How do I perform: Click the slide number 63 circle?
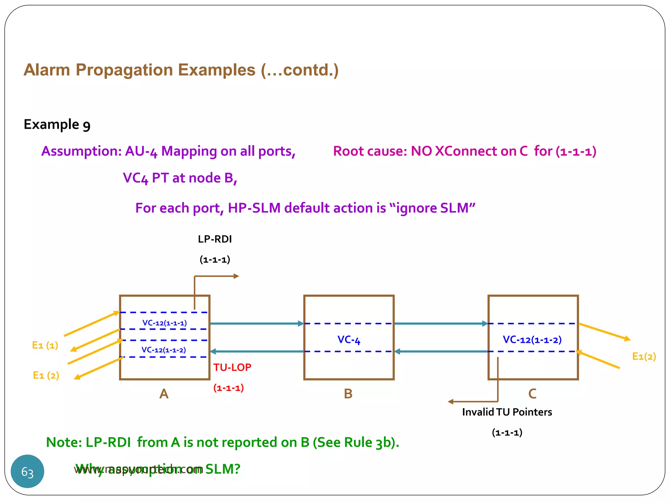click(x=27, y=471)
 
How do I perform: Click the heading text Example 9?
click(x=57, y=125)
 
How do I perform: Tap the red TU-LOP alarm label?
click(x=232, y=367)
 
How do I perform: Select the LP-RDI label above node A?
click(x=215, y=239)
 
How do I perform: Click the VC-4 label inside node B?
click(x=349, y=340)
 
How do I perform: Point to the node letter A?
click(x=164, y=394)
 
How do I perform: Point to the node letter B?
click(x=348, y=394)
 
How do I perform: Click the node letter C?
click(x=532, y=394)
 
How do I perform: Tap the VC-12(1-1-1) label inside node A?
click(x=165, y=323)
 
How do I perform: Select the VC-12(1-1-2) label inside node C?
click(x=532, y=340)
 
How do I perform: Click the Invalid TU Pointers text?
click(x=507, y=412)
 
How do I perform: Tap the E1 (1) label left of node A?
click(x=45, y=345)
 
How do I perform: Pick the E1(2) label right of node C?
click(x=644, y=356)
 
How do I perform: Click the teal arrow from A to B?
click(x=257, y=324)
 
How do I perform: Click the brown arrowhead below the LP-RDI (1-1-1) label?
click(x=236, y=276)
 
